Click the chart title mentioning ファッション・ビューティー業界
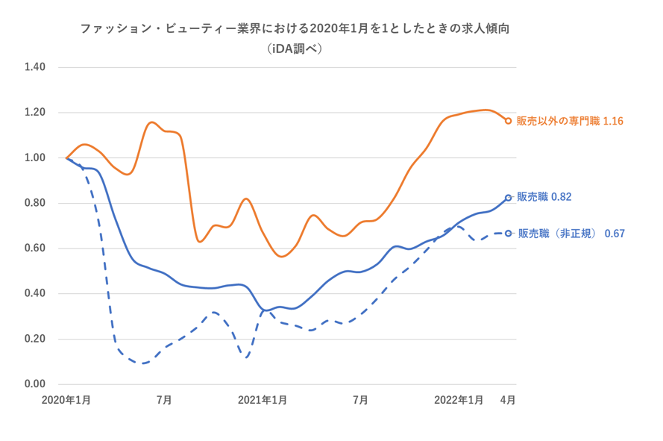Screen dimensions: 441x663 299,29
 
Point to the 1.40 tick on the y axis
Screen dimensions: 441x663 35,67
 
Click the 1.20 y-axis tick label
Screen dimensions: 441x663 35,113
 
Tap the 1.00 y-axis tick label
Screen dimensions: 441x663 35,158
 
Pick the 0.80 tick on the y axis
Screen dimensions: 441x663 35,203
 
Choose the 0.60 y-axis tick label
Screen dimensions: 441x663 35,248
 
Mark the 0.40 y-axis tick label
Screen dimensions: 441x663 35,294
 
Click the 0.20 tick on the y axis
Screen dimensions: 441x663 35,339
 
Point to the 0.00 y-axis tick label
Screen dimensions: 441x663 35,384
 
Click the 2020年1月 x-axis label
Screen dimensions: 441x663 66,400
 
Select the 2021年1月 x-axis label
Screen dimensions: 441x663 263,400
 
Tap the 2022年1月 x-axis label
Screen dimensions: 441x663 459,400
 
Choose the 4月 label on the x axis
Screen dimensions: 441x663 507,400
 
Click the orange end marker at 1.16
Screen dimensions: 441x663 509,120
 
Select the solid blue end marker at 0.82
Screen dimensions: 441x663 509,198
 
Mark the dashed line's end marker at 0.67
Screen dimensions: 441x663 509,234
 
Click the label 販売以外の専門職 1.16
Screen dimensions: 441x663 570,121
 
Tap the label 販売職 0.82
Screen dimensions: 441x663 544,197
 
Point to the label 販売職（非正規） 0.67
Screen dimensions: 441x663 571,234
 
